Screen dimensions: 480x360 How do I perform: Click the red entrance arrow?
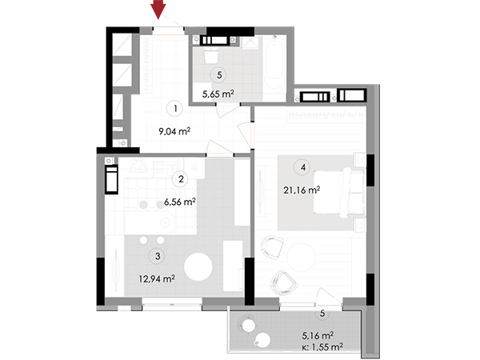click(x=158, y=9)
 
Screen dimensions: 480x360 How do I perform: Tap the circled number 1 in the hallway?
click(x=175, y=108)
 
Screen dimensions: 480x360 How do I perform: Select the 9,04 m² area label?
click(x=174, y=132)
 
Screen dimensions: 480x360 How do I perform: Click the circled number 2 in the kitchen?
click(x=181, y=178)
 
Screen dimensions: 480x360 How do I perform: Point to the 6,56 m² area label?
click(x=180, y=202)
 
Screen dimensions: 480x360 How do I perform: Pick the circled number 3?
click(x=158, y=256)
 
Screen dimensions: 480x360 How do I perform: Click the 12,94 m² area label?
click(x=157, y=278)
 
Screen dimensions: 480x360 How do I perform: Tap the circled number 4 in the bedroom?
click(x=303, y=167)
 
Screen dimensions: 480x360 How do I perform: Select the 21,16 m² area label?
click(x=302, y=190)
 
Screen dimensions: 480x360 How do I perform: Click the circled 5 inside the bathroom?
click(x=219, y=75)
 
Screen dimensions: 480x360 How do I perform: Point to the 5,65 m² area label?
click(x=218, y=94)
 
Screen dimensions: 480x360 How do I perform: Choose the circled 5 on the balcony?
click(x=322, y=314)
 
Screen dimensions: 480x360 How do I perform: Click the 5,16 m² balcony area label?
click(x=318, y=336)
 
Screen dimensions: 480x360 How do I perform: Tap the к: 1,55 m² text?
click(x=322, y=347)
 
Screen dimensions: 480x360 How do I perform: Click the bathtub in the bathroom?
click(x=274, y=65)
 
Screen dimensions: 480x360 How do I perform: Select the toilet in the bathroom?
click(x=211, y=55)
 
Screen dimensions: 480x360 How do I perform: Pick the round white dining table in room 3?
click(x=198, y=266)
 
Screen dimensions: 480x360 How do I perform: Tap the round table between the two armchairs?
click(x=301, y=257)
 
